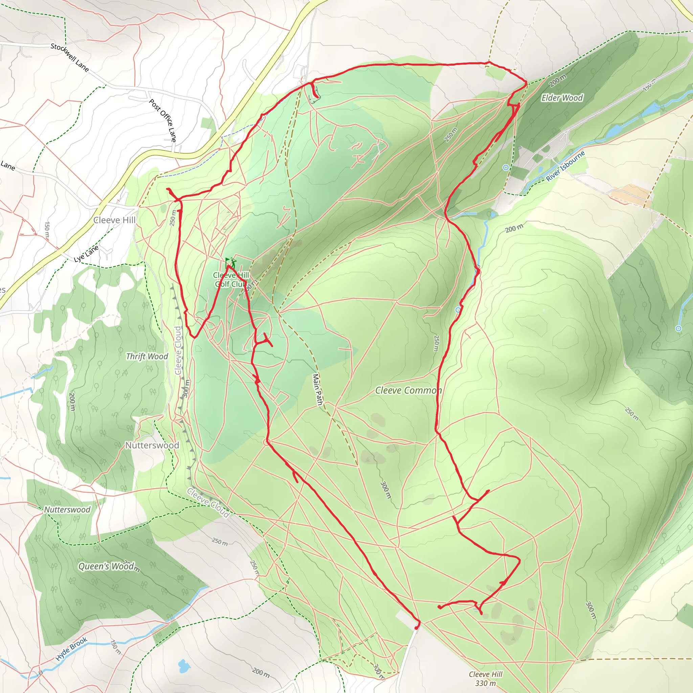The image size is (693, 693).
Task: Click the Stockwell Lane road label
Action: (x=70, y=58)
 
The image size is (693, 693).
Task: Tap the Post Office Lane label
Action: (x=163, y=120)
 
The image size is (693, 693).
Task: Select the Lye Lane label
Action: (x=86, y=253)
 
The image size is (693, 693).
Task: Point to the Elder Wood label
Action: (x=562, y=98)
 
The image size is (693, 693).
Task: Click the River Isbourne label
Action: (x=565, y=166)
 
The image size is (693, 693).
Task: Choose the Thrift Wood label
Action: (x=147, y=356)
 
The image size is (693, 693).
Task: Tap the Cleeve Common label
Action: (x=408, y=390)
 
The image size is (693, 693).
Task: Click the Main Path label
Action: (x=317, y=389)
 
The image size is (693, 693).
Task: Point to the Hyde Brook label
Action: (x=72, y=649)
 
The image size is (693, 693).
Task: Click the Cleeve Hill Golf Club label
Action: (x=231, y=280)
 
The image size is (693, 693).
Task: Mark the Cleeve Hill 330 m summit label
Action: (x=485, y=679)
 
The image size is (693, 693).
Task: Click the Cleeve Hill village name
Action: (x=114, y=220)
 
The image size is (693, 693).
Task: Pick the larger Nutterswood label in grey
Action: (x=152, y=445)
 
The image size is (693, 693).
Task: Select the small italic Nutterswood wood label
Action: (x=67, y=509)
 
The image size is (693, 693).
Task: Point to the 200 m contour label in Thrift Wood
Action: (x=72, y=402)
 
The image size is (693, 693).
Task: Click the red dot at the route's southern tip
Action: (x=416, y=628)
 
